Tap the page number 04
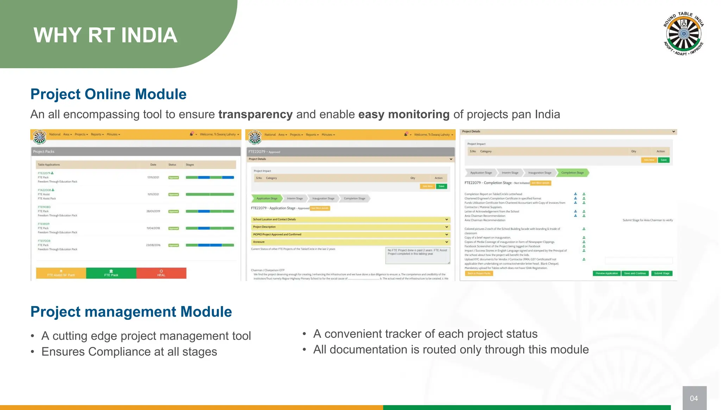(x=694, y=398)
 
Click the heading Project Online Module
(x=108, y=94)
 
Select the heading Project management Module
(x=131, y=312)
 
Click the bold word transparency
(x=255, y=114)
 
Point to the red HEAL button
(x=161, y=273)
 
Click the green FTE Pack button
(x=111, y=273)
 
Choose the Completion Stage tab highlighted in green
(x=572, y=173)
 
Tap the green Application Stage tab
(x=267, y=198)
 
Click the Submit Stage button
(x=662, y=273)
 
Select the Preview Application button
(x=606, y=273)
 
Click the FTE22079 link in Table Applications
(x=44, y=173)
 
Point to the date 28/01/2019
(x=153, y=211)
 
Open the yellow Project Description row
(x=350, y=227)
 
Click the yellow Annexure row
(x=350, y=242)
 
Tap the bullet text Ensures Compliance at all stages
(x=129, y=352)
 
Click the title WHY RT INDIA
(x=105, y=35)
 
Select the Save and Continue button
(x=635, y=273)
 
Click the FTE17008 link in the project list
(x=44, y=241)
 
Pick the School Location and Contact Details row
(x=350, y=219)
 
